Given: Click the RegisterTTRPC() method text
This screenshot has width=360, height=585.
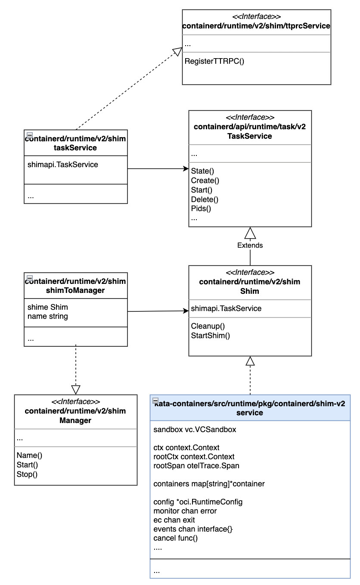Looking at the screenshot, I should point(214,61).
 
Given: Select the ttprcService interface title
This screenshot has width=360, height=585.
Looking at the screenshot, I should point(256,26).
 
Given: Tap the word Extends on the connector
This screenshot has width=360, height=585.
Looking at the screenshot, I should point(250,245).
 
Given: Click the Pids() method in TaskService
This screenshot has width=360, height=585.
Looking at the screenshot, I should point(200,209).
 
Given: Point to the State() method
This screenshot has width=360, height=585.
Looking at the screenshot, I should point(202,171).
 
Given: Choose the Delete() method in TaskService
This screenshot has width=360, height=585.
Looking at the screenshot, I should point(205,199).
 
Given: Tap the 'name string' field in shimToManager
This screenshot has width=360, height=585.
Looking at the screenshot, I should point(47,317).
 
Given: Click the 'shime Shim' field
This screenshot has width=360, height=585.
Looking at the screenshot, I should point(47,308).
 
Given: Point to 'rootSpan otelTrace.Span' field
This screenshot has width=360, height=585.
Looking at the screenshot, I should point(196,466).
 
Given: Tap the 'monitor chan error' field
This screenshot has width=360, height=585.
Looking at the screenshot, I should point(185,511).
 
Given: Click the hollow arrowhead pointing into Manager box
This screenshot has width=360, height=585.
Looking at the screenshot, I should point(76,389).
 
